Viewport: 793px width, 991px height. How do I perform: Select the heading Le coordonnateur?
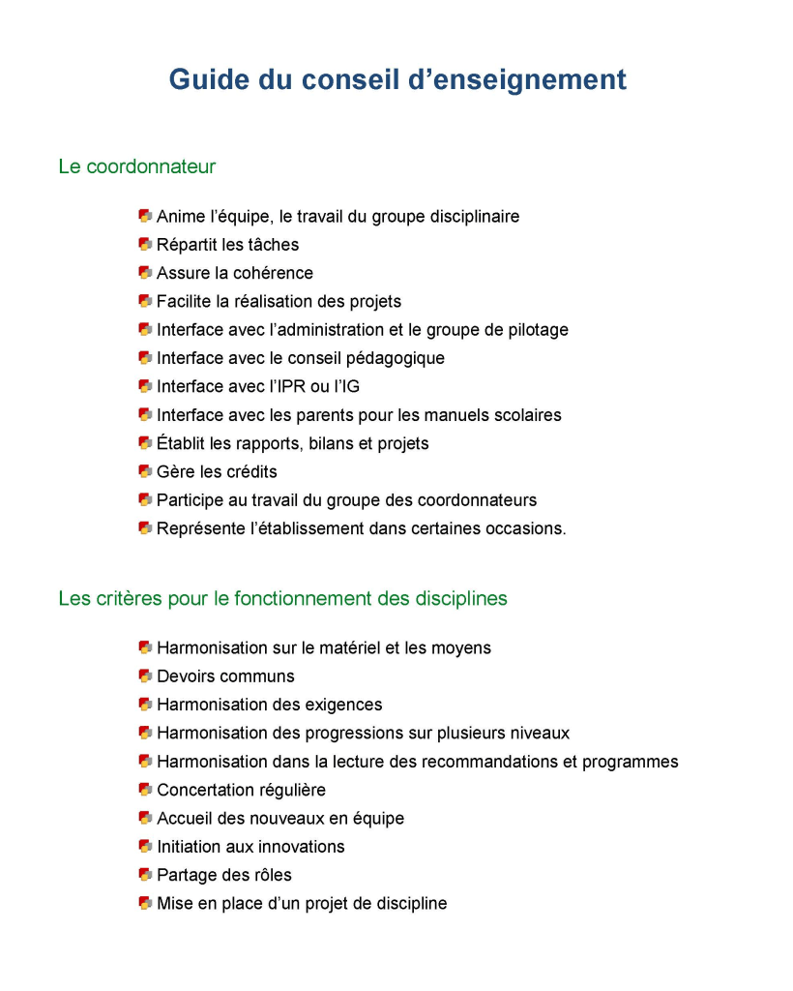pyautogui.click(x=136, y=166)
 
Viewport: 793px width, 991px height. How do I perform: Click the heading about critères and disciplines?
pyautogui.click(x=282, y=598)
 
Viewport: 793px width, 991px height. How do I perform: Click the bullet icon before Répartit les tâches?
pyautogui.click(x=145, y=244)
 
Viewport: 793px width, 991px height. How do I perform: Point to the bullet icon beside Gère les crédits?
pyautogui.click(x=145, y=471)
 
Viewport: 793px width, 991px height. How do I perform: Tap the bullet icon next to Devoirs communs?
pyautogui.click(x=145, y=676)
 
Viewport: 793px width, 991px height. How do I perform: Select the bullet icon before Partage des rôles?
pyautogui.click(x=145, y=874)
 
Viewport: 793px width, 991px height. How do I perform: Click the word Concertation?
pyautogui.click(x=205, y=790)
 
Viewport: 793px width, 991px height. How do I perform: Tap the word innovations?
pyautogui.click(x=300, y=847)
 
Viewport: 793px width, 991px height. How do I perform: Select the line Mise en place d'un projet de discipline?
pyautogui.click(x=302, y=903)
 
